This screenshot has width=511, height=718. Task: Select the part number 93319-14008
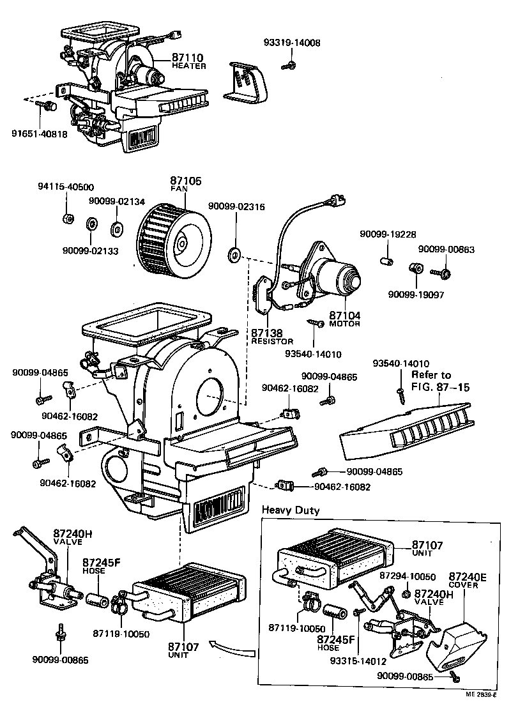coord(292,43)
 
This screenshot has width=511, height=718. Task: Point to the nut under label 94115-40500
coord(67,219)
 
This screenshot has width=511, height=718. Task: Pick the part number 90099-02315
coord(236,206)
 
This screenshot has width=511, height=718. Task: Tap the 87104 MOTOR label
coord(345,319)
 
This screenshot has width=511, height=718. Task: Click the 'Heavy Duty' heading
coord(290,510)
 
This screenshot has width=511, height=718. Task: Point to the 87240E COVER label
coord(468,580)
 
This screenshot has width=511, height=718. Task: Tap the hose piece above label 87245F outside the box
coord(98,601)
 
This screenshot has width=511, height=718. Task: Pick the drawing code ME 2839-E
coord(480,694)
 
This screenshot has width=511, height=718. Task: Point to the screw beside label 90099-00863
coord(441,273)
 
